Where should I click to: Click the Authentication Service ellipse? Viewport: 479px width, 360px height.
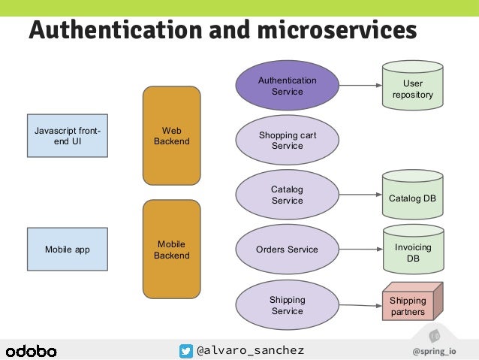click(287, 86)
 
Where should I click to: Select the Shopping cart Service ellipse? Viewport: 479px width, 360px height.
click(287, 141)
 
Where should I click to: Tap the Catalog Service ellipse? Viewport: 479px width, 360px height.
click(287, 195)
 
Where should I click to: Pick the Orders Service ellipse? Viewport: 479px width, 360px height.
click(287, 250)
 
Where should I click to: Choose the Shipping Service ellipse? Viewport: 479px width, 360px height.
click(287, 305)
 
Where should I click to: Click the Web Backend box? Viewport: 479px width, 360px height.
click(171, 136)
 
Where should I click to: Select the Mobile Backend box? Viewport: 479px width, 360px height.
click(171, 250)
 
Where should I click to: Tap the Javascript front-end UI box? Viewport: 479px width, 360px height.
click(67, 136)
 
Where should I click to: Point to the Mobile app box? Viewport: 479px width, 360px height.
click(67, 250)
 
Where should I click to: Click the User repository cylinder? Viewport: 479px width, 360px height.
click(412, 87)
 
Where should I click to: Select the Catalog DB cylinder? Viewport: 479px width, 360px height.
click(412, 197)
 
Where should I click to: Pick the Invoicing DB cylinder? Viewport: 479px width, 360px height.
click(412, 251)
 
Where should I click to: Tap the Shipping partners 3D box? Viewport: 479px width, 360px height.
click(410, 304)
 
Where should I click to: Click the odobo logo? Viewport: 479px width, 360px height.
click(32, 350)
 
